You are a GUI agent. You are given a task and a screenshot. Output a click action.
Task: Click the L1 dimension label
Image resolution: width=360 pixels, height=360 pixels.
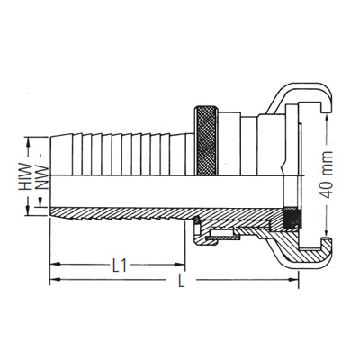pyautogui.click(x=120, y=265)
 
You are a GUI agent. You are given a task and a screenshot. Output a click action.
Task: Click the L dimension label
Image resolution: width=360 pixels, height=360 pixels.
pyautogui.click(x=181, y=281)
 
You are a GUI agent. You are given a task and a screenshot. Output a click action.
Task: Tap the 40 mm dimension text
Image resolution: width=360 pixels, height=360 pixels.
pyautogui.click(x=326, y=175)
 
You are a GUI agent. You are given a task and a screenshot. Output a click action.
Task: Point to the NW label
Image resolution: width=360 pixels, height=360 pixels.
pyautogui.click(x=42, y=177)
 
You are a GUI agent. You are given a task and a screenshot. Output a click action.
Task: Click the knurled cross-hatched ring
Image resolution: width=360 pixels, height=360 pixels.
pyautogui.click(x=206, y=140)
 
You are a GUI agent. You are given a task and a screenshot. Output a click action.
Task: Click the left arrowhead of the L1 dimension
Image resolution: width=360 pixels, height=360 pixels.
pyautogui.click(x=55, y=265)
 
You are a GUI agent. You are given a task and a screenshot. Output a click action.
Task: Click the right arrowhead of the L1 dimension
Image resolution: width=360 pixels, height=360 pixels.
pyautogui.click(x=180, y=265)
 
